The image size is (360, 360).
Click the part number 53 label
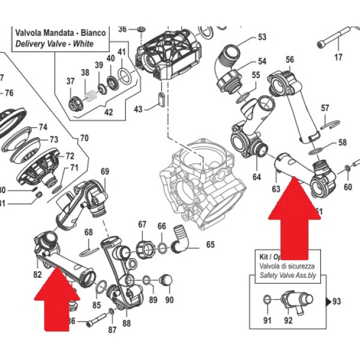[262, 37]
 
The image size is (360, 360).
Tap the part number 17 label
[338, 58]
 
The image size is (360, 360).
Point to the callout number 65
[210, 244]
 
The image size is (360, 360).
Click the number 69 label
[105, 172]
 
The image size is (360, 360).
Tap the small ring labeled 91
[268, 298]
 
